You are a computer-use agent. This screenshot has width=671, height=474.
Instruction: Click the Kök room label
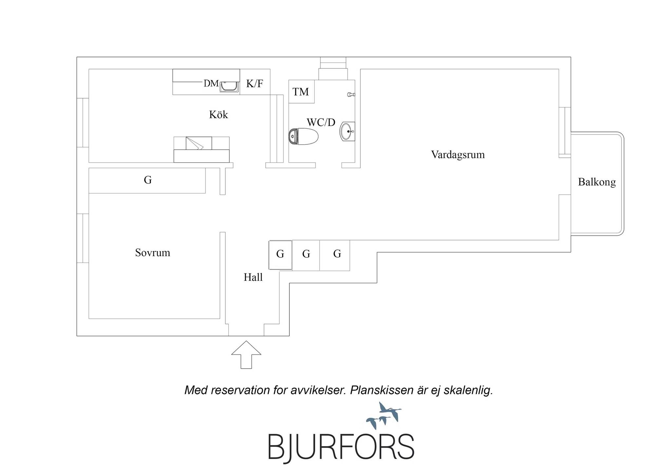click(219, 115)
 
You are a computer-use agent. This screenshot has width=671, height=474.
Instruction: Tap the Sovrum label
click(153, 253)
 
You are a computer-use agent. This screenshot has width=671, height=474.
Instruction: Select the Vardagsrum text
click(458, 155)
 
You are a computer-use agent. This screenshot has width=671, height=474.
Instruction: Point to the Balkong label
click(597, 182)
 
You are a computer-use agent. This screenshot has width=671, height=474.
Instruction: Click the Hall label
click(253, 278)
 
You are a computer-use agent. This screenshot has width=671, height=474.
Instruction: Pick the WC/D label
click(321, 122)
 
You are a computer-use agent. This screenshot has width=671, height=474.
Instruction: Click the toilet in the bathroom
click(303, 136)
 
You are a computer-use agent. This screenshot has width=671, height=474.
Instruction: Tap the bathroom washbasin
click(347, 131)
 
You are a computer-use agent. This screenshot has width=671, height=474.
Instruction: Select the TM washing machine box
click(301, 92)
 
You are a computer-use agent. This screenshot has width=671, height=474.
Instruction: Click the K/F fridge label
click(255, 84)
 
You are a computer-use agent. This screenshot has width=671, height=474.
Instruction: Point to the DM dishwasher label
click(211, 83)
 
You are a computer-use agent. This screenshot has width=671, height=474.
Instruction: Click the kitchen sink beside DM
click(229, 86)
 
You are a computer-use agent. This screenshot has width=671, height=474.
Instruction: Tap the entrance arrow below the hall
click(246, 355)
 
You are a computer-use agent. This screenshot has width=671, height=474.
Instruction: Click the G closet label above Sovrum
click(148, 180)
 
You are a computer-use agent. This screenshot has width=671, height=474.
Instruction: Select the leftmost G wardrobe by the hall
click(280, 255)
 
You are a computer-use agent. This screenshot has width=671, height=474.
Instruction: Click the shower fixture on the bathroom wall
click(351, 95)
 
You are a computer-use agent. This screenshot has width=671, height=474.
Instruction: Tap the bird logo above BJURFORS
click(384, 415)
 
